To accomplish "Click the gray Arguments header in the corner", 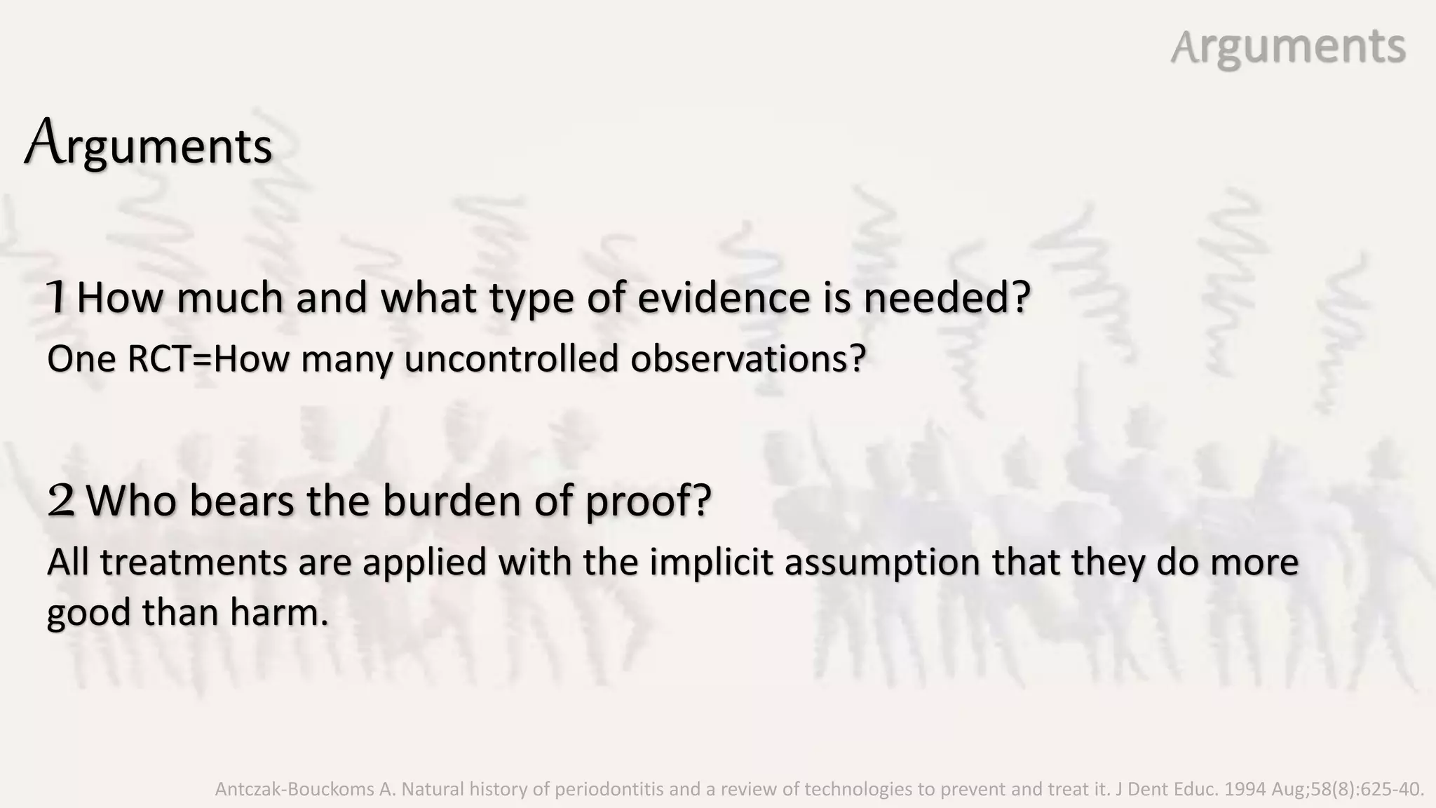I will [x=1288, y=47].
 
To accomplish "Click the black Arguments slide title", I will [x=149, y=145].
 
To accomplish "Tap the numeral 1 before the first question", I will [x=57, y=297].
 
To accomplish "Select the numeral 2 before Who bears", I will [x=61, y=501].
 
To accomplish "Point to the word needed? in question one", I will [x=947, y=297].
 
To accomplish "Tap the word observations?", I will [x=748, y=358].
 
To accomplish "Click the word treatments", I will [x=194, y=563].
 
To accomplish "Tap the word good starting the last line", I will [x=89, y=612].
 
